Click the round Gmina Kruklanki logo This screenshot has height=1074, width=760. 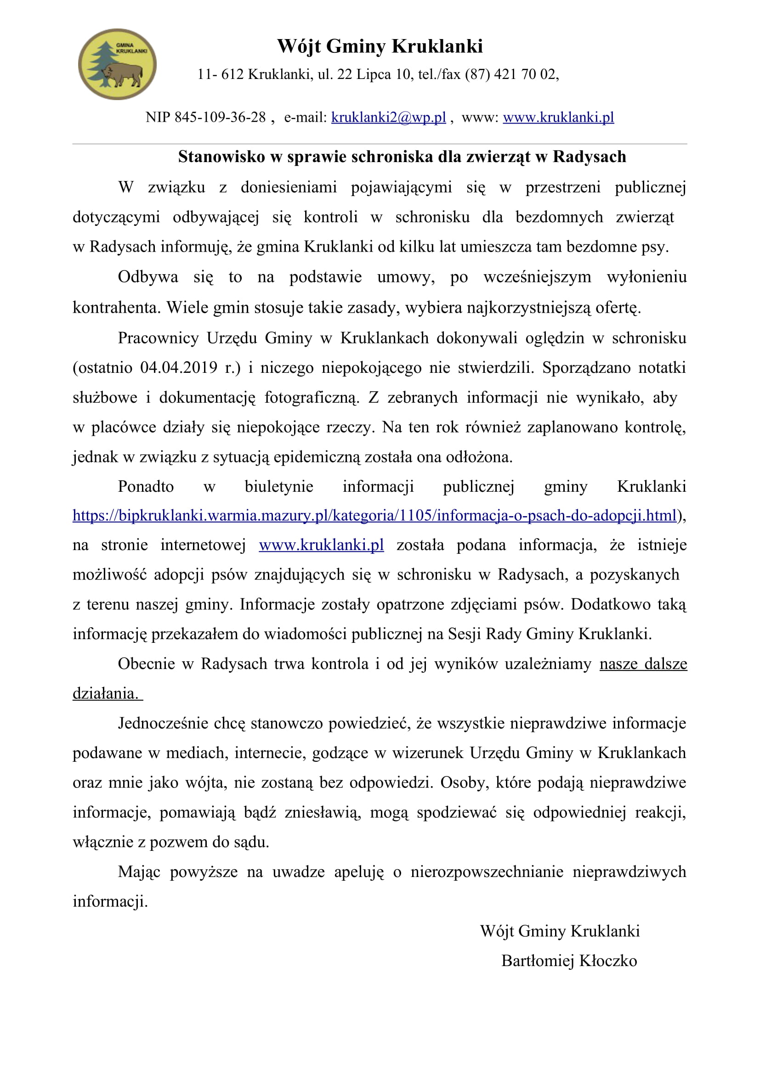pyautogui.click(x=117, y=64)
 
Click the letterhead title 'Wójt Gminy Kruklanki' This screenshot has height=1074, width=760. pyautogui.click(x=380, y=46)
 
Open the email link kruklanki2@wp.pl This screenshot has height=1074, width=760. pyautogui.click(x=388, y=117)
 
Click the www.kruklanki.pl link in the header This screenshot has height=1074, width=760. pyautogui.click(x=558, y=117)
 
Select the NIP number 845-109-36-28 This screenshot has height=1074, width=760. pyautogui.click(x=220, y=117)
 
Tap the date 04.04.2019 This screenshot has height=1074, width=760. pyautogui.click(x=179, y=368)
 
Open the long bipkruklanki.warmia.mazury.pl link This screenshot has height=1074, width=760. pyautogui.click(x=374, y=516)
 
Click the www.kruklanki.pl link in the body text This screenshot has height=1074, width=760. pyautogui.click(x=322, y=545)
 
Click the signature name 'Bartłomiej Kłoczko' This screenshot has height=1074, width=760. pyautogui.click(x=569, y=961)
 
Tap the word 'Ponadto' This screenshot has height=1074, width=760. pyautogui.click(x=146, y=486)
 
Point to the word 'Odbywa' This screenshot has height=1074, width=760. pyautogui.click(x=148, y=277)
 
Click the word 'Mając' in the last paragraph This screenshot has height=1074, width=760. pyautogui.click(x=139, y=872)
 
